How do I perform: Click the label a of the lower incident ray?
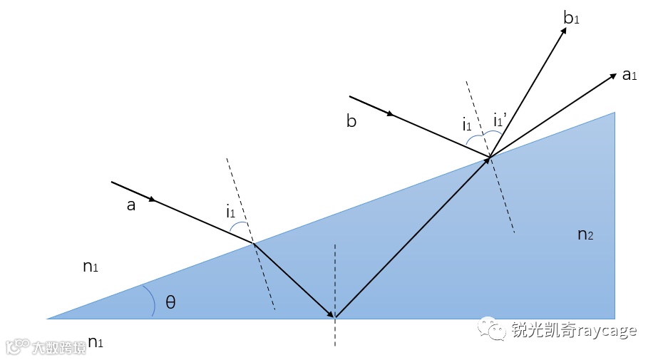pyautogui.click(x=130, y=205)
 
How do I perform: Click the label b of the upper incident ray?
pyautogui.click(x=351, y=120)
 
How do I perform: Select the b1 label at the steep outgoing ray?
pyautogui.click(x=571, y=19)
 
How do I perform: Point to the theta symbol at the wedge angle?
pyautogui.click(x=170, y=302)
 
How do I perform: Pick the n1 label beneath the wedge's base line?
pyautogui.click(x=95, y=343)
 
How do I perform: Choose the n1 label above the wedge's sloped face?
pyautogui.click(x=91, y=267)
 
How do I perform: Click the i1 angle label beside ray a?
pyautogui.click(x=231, y=212)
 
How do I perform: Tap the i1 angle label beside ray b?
pyautogui.click(x=466, y=125)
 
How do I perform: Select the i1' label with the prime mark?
pyautogui.click(x=500, y=120)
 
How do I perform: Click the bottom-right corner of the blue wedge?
pyautogui.click(x=614, y=318)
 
